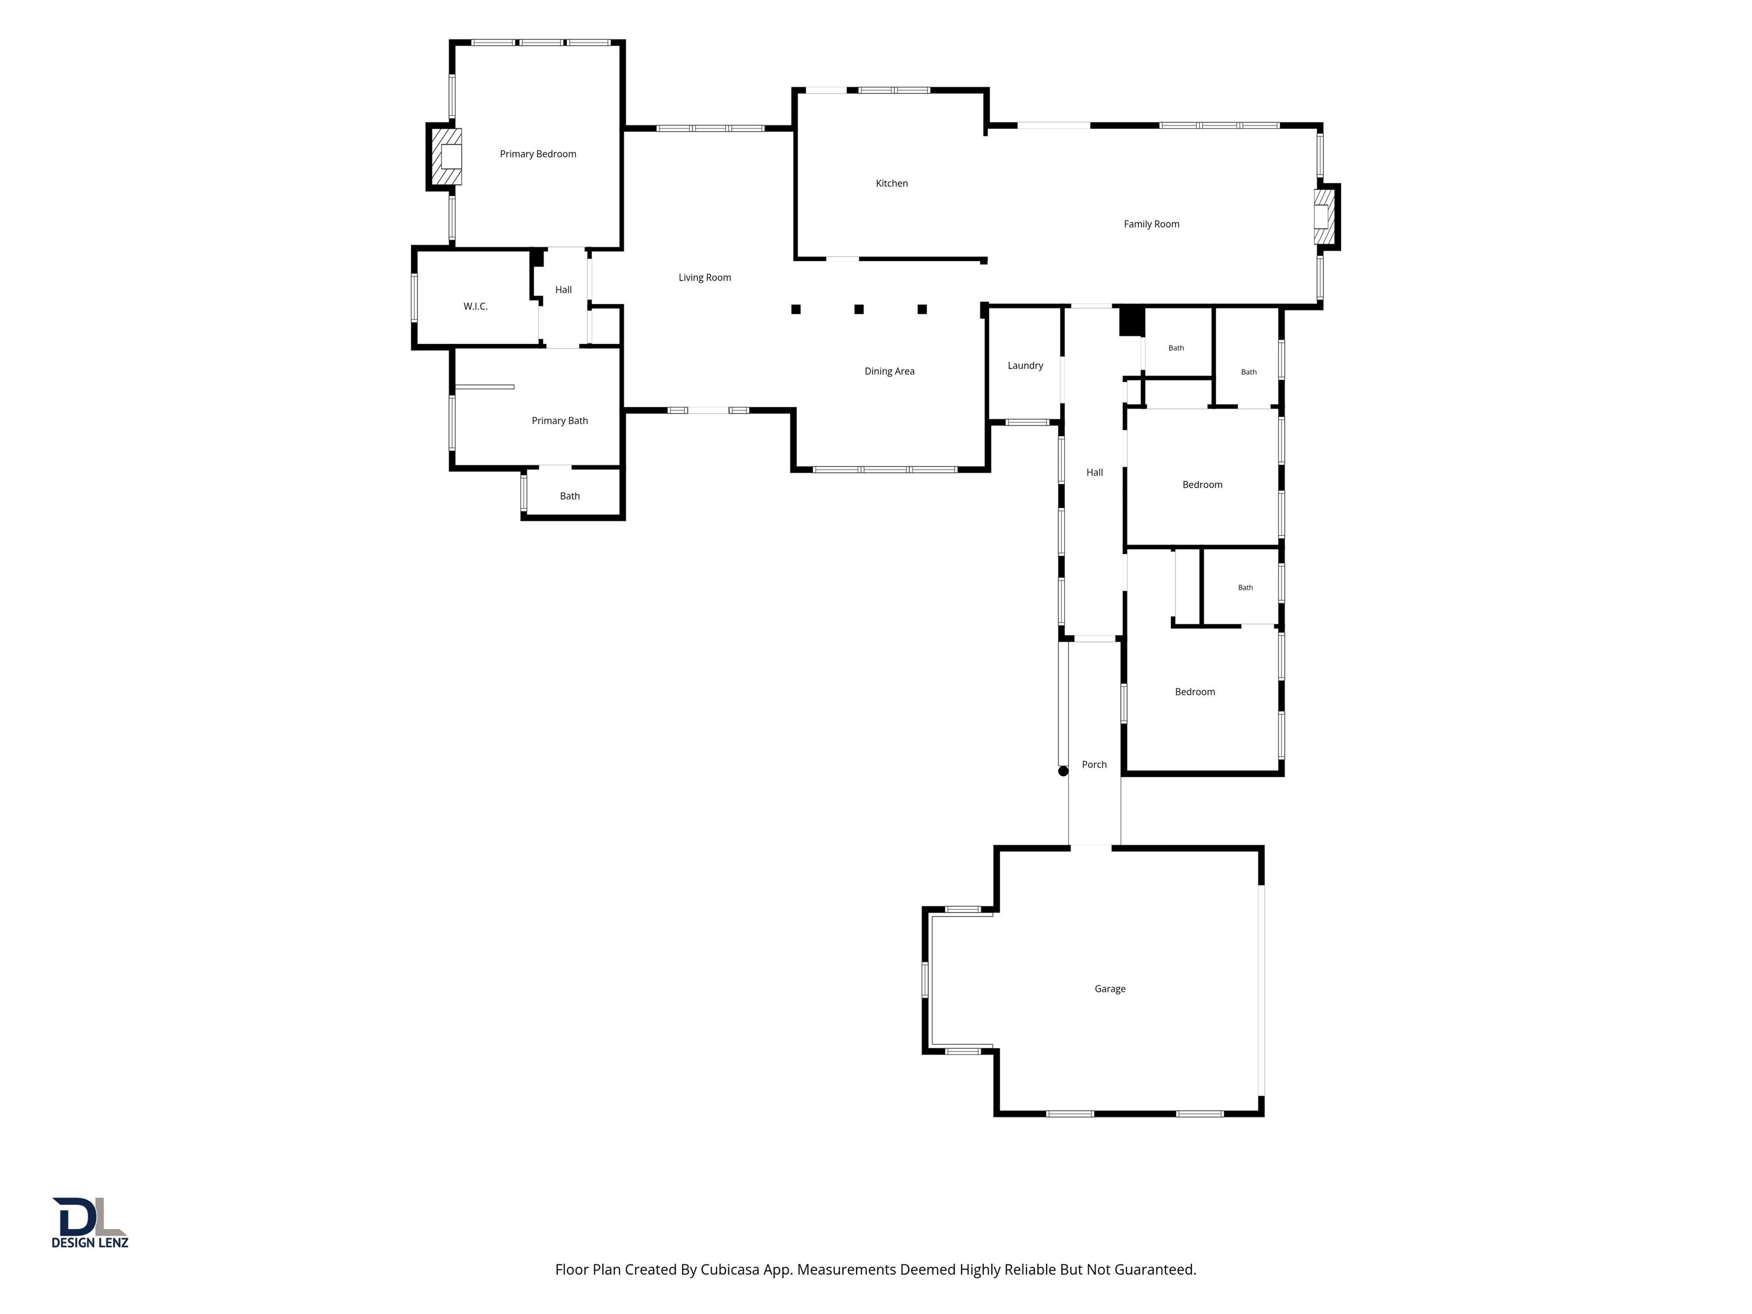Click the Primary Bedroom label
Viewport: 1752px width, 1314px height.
coord(538,153)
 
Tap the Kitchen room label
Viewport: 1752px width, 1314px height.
coord(892,183)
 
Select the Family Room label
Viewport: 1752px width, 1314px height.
coord(1151,224)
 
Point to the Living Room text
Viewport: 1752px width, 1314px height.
coord(705,277)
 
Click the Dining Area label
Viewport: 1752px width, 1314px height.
coord(890,371)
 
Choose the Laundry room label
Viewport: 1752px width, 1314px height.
coord(1025,365)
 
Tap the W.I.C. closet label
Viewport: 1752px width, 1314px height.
coord(475,306)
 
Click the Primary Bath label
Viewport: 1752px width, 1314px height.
coord(560,420)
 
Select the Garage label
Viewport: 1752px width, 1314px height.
coord(1110,988)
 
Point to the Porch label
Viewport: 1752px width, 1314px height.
coord(1094,764)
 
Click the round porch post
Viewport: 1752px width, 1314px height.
coord(1063,770)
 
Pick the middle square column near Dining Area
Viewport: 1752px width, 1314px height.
coord(858,309)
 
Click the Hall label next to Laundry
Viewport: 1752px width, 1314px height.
coord(1094,472)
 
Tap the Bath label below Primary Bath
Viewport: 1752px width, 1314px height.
coord(570,496)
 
